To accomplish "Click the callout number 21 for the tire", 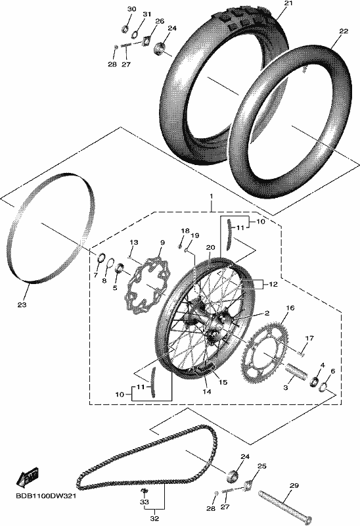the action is point(288,3).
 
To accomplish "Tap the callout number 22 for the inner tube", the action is point(344,31).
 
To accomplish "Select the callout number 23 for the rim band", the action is point(22,305).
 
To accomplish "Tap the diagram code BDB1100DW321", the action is point(46,496).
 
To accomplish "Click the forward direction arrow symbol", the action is point(28,476).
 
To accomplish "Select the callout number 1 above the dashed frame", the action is point(211,196).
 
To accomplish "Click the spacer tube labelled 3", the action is point(296,371).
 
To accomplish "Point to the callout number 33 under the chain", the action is point(145,502).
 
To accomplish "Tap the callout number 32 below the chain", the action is point(154,518).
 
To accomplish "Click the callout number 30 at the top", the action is point(132,9).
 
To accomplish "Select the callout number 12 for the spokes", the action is point(273,284).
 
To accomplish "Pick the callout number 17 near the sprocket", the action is point(309,338).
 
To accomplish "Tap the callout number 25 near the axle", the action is point(261,466).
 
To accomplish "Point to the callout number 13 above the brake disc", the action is point(134,242).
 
